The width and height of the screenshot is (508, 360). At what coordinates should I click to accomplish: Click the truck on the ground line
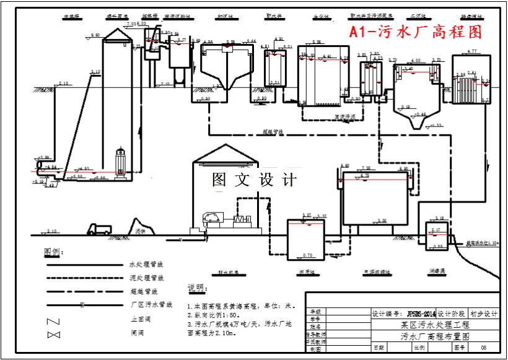[100, 229]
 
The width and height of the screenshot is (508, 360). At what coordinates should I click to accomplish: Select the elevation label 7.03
[131, 24]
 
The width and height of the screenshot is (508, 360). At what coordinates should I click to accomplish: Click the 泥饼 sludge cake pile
[140, 226]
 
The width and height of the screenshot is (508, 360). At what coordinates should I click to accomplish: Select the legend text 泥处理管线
[146, 278]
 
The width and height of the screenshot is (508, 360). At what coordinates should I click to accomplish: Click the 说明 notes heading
[196, 289]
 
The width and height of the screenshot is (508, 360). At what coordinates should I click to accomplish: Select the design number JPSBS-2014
[420, 314]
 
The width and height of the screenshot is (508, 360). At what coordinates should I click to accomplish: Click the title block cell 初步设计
[483, 314]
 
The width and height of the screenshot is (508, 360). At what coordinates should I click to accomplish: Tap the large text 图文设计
[255, 180]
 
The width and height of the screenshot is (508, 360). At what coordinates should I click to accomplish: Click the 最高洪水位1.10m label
[483, 244]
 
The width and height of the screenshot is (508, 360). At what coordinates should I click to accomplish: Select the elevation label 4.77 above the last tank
[472, 51]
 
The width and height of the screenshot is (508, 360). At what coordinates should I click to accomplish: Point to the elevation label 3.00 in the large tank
[382, 221]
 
